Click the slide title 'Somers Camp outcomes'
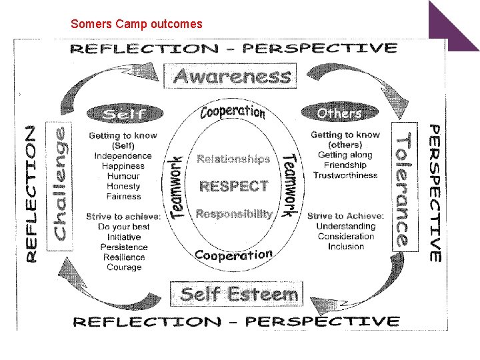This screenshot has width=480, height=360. coord(136,24)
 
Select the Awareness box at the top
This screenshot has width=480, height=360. coord(232,76)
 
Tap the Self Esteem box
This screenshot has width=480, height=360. coord(239,294)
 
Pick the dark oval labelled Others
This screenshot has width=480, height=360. coord(339,113)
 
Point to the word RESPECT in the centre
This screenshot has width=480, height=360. coord(234,186)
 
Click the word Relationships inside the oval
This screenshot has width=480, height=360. coord(233,159)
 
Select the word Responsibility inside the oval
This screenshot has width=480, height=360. coord(234,214)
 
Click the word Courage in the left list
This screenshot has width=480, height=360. coord(124,267)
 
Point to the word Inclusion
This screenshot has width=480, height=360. coord(346,247)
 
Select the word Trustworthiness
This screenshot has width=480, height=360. coord(345,175)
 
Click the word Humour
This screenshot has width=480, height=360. coord(123,176)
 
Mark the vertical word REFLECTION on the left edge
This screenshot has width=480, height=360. coord(31,193)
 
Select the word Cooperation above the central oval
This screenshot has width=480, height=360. coord(233,111)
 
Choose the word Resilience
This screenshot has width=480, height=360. coord(123,257)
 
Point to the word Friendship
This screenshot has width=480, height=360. coord(345,165)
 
